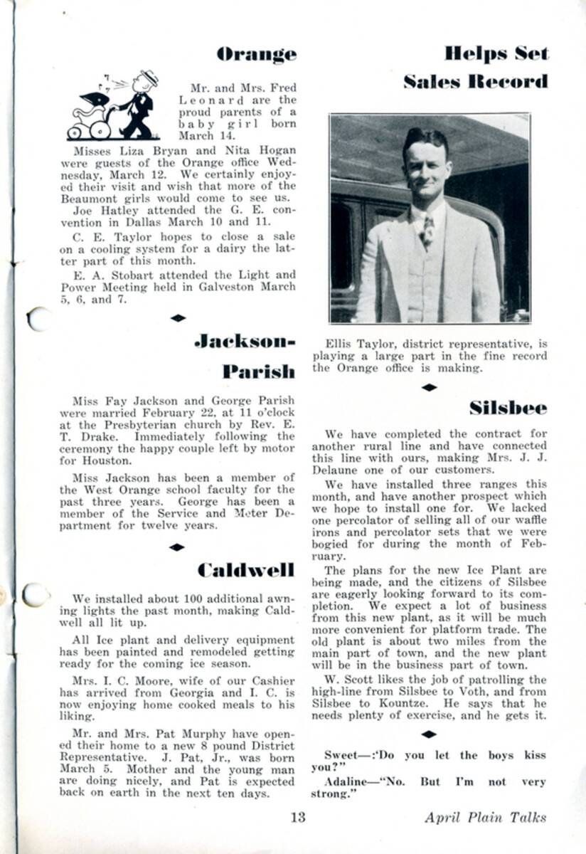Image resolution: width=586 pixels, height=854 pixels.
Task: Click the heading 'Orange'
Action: point(256,54)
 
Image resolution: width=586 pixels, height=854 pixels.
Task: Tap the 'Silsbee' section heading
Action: point(508,408)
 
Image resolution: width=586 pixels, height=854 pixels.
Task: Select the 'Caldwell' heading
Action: point(245,570)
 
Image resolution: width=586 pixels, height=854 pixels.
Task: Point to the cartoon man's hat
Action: point(149,77)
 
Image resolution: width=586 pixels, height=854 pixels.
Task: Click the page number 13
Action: point(298,817)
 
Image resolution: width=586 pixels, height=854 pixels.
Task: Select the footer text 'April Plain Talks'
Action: point(486,817)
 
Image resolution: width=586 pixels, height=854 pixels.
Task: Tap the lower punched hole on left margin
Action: point(35,594)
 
